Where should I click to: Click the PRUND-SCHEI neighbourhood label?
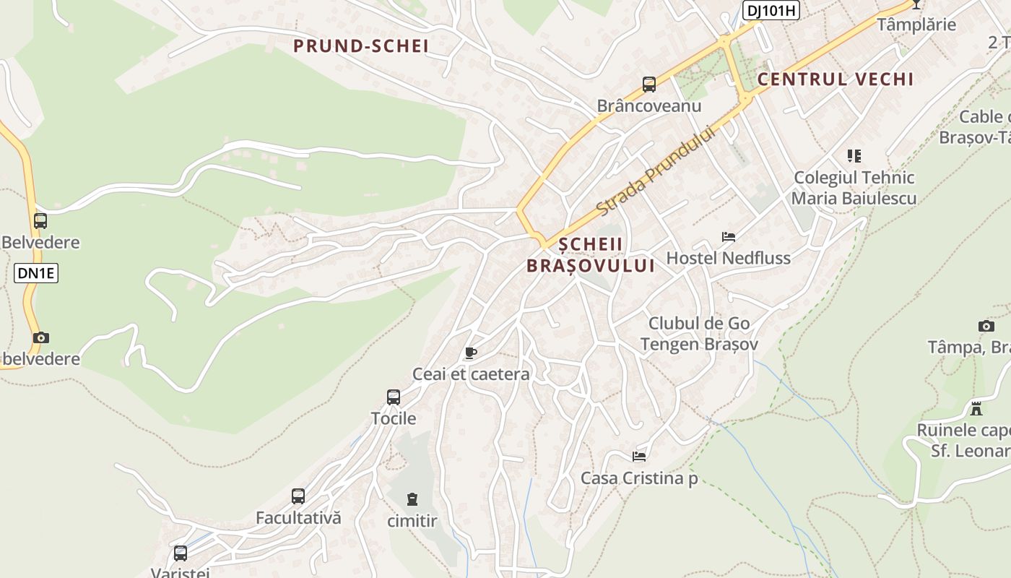(x=360, y=46)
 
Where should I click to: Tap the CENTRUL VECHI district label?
(x=836, y=79)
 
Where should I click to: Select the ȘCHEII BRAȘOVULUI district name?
(x=591, y=255)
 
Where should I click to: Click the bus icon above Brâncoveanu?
(x=649, y=85)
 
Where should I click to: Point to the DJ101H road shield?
(x=771, y=9)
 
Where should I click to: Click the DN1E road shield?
(x=35, y=273)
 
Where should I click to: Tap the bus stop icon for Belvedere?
(x=40, y=221)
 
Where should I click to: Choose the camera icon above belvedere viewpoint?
(x=41, y=337)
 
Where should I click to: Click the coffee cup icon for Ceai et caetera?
(x=471, y=353)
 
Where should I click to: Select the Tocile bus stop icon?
(x=394, y=397)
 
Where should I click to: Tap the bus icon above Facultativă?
(x=298, y=496)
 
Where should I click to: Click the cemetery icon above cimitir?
(x=412, y=499)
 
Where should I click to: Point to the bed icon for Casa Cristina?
(x=639, y=456)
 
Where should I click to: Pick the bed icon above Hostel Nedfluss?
(x=729, y=236)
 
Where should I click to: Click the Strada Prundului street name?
(x=656, y=171)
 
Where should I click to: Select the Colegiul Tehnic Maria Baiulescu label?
(x=854, y=188)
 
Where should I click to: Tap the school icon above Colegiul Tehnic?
(x=854, y=155)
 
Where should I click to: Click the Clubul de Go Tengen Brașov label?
(x=699, y=334)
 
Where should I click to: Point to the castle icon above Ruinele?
(x=976, y=408)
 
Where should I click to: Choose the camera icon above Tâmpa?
(x=986, y=326)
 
